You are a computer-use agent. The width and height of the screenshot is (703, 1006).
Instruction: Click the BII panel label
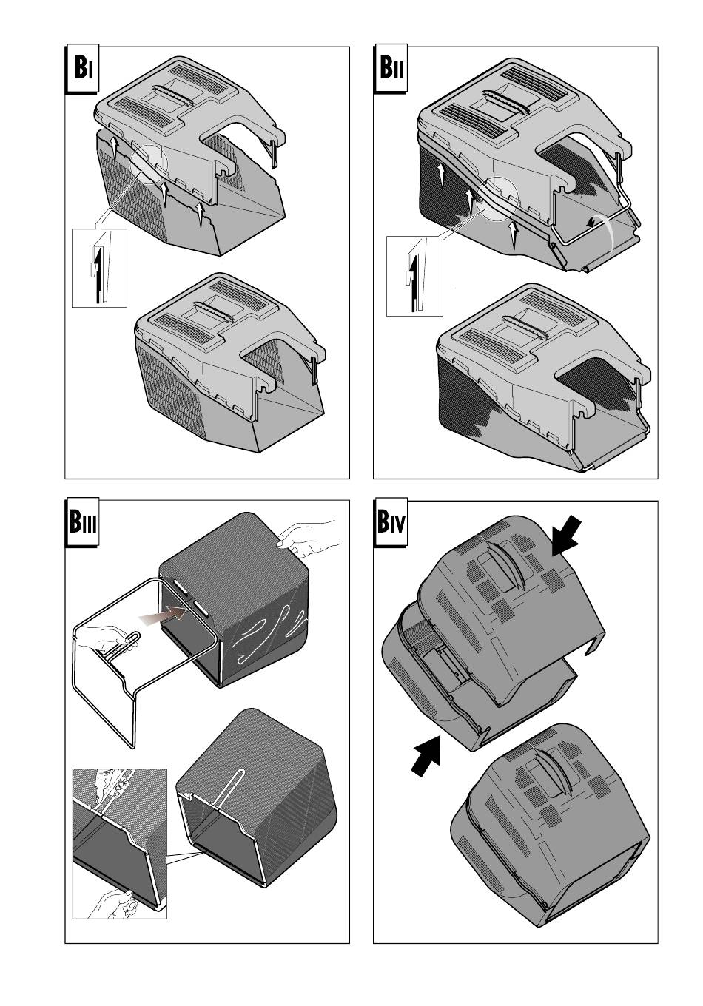click(x=391, y=70)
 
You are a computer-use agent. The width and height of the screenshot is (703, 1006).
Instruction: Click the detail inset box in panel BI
click(x=99, y=268)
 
